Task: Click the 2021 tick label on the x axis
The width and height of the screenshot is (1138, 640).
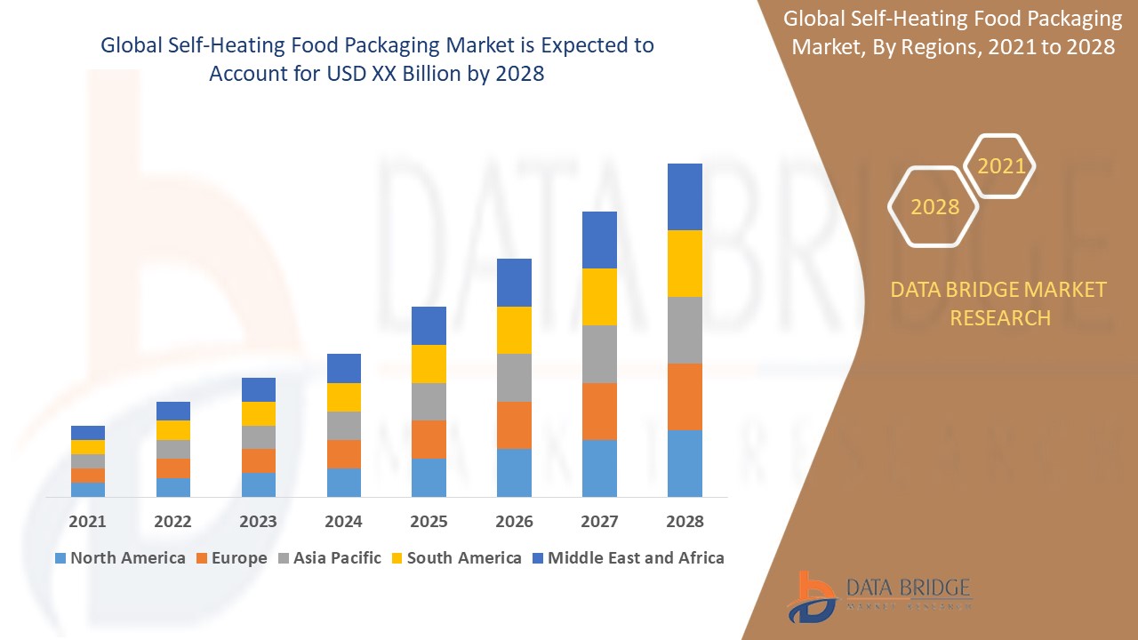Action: pos(87,522)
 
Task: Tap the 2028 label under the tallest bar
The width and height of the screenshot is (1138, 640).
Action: pos(685,522)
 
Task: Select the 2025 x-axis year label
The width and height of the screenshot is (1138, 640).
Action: pos(429,522)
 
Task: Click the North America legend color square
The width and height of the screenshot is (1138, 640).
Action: pos(60,558)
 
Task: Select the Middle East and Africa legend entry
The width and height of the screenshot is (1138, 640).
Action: pos(627,558)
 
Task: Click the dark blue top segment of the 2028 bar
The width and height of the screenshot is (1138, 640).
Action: pos(685,196)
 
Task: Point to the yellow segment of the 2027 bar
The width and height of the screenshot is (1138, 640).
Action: pos(599,296)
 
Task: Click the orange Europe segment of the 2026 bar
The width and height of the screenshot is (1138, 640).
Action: pos(514,425)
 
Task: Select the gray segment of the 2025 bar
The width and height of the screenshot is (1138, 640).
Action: pos(429,402)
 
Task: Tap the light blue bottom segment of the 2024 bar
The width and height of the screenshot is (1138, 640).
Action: pos(343,482)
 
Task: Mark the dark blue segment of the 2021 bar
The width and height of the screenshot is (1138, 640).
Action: pos(87,433)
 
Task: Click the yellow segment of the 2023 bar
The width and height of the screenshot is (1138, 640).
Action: pos(258,413)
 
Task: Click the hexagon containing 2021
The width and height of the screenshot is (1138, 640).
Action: pos(1000,166)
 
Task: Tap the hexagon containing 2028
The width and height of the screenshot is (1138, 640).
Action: pos(934,206)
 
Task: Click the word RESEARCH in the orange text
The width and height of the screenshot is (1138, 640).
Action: pos(1000,317)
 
